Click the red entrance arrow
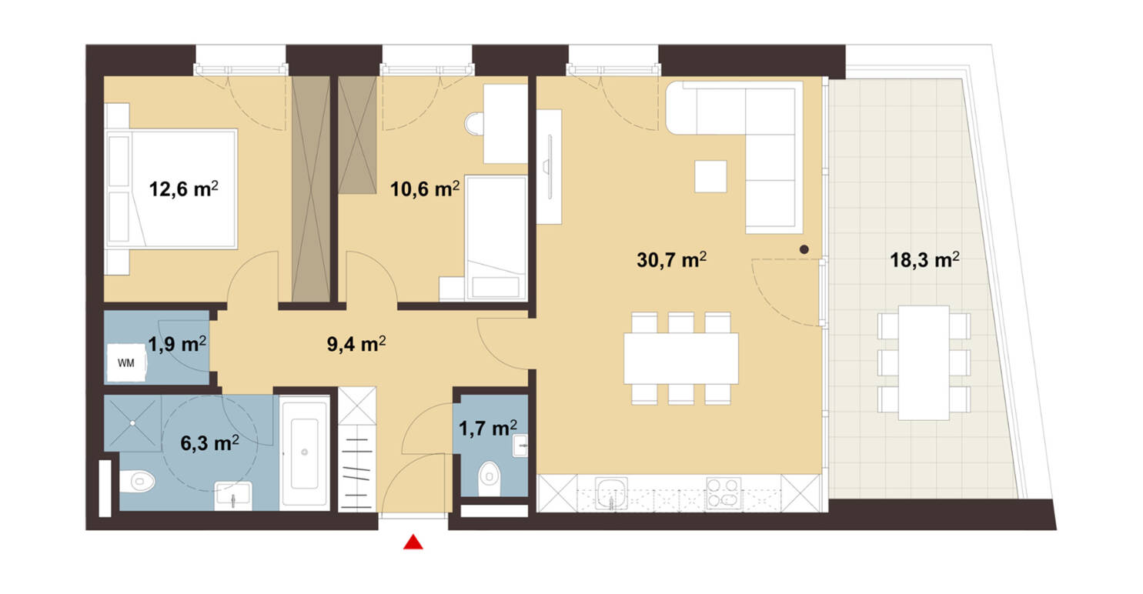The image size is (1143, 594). [414, 543]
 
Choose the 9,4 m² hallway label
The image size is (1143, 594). [352, 345]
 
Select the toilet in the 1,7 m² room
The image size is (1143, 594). [489, 476]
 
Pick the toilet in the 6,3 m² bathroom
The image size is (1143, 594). [139, 482]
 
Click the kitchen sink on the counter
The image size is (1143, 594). [612, 492]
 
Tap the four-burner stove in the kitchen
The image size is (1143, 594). [723, 493]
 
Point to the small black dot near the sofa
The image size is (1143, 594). [804, 249]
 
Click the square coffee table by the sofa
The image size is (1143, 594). [710, 176]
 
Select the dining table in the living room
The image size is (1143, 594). [680, 358]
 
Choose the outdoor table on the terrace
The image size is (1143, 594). [924, 362]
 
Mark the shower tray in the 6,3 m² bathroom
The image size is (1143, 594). [132, 422]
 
